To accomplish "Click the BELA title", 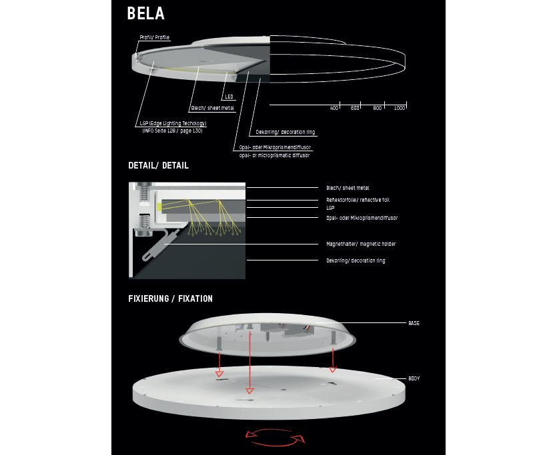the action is pos(145,13).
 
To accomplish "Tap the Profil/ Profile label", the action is pos(155,37).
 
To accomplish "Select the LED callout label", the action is pos(229,97).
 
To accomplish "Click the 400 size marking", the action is pos(334,108).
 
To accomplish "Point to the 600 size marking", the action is pos(355,108).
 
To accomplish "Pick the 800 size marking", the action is pos(378,108).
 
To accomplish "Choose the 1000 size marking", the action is pos(400,108).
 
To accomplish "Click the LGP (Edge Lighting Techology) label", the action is pos(173,123).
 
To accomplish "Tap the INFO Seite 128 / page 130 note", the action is pos(173,131).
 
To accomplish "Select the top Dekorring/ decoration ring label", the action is pos(286,132).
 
